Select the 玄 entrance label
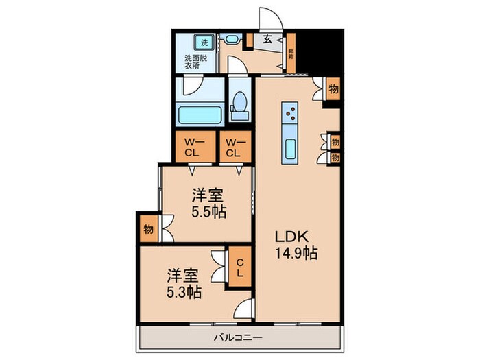[267, 39]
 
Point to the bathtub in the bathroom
[198, 112]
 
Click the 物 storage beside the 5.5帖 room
[148, 228]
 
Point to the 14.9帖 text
[296, 253]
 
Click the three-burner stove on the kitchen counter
[291, 112]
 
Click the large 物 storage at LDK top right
[333, 89]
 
